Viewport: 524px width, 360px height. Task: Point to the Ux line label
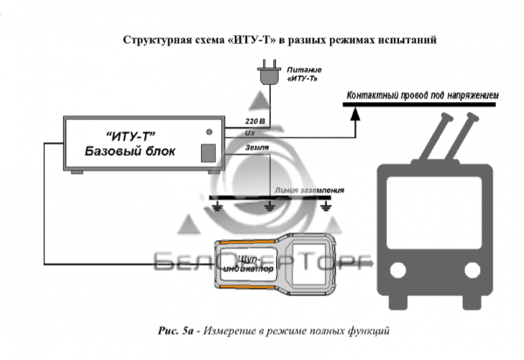[251, 133]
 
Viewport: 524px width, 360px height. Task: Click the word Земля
[257, 149]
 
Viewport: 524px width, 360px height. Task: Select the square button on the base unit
[209, 152]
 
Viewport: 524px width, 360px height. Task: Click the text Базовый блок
[130, 152]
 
